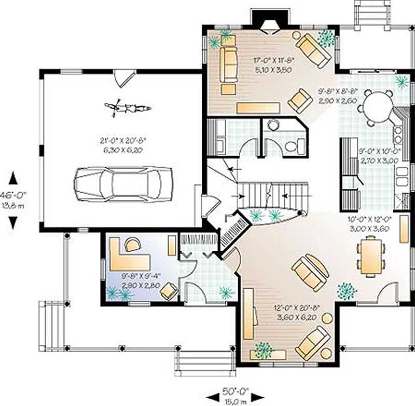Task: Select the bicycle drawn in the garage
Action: (x=127, y=108)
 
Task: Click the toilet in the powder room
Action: (x=292, y=146)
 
